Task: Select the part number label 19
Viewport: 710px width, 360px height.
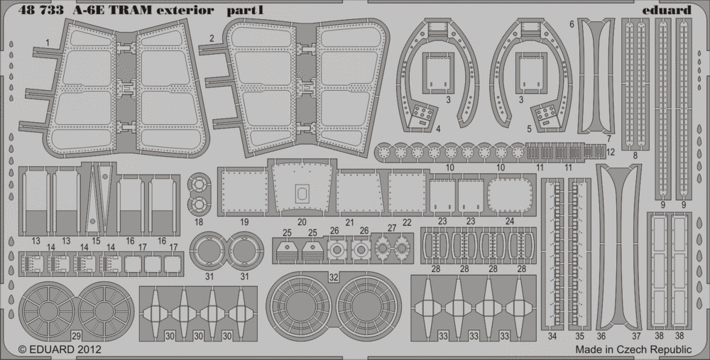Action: (244, 222)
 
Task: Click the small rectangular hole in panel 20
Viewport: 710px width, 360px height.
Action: (302, 192)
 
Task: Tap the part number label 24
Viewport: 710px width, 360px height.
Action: (510, 222)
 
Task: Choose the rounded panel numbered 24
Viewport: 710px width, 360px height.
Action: (510, 194)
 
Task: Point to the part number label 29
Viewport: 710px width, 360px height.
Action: (76, 334)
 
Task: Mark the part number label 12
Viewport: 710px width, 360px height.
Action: (611, 152)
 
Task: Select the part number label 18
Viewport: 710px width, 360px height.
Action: (198, 222)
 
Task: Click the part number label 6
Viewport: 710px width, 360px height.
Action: (572, 24)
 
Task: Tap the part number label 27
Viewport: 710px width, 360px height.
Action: (392, 228)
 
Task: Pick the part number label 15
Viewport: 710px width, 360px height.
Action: (96, 241)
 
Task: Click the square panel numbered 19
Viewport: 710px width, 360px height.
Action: (244, 192)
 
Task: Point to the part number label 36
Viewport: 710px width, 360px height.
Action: (601, 335)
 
